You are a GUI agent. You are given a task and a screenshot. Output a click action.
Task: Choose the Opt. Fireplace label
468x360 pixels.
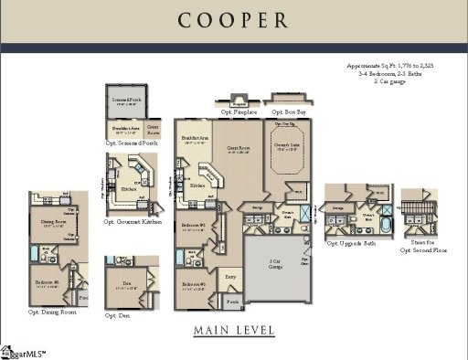[239, 111]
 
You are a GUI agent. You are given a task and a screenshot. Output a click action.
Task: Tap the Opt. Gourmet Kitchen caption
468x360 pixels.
[133, 222]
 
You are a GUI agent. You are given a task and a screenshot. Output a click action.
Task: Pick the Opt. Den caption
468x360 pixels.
[116, 315]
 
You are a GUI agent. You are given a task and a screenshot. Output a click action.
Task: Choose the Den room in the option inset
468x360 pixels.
[127, 284]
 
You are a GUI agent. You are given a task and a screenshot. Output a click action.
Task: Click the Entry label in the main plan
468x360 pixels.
[229, 273]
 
